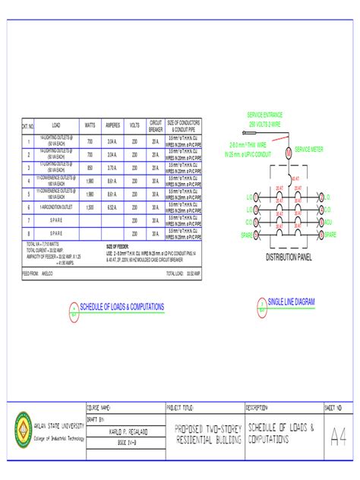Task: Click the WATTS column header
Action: (x=90, y=125)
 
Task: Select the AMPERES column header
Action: (x=112, y=125)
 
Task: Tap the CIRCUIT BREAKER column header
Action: (x=156, y=125)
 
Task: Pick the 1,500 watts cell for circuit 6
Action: (x=90, y=207)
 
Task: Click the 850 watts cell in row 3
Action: (x=90, y=167)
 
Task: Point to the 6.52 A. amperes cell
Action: (x=112, y=207)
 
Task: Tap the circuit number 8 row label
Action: (x=28, y=233)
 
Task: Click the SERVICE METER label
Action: (x=308, y=150)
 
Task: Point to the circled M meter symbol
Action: (x=288, y=152)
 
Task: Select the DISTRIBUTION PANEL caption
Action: (x=288, y=257)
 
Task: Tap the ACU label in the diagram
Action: (x=328, y=222)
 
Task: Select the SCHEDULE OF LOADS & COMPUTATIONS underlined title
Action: (x=122, y=305)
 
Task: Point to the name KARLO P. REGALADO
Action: (x=125, y=431)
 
